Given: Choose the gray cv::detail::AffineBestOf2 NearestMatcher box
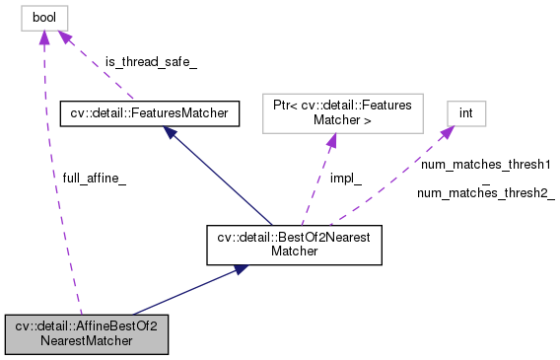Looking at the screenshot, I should (x=87, y=335).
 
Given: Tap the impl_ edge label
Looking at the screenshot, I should (x=345, y=179).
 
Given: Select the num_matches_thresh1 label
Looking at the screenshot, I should (x=485, y=163).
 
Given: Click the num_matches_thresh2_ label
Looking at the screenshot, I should (x=485, y=193).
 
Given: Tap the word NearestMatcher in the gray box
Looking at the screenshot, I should (x=87, y=343).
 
